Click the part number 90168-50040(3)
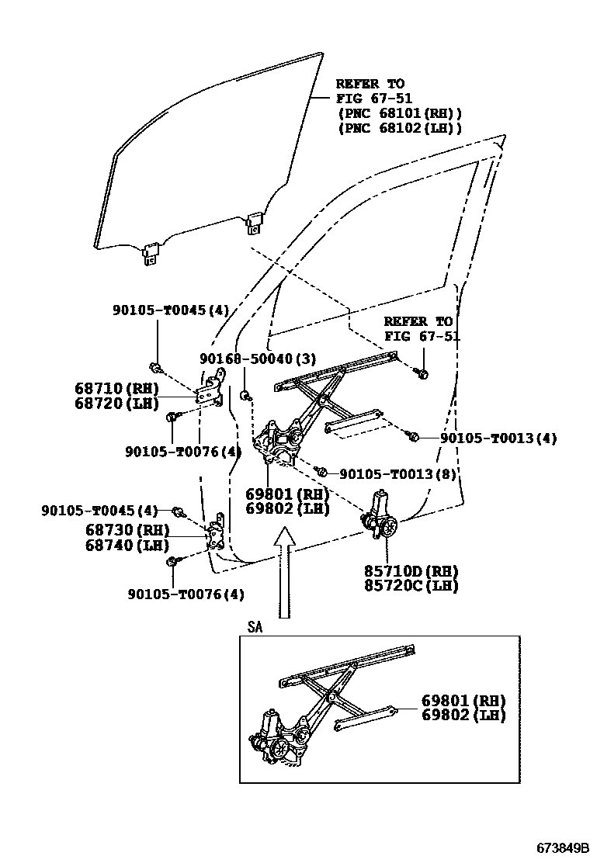click(257, 359)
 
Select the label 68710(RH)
click(116, 389)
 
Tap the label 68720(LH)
click(116, 403)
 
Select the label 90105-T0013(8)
click(397, 473)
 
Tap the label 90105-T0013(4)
click(498, 438)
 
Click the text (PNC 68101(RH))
click(400, 113)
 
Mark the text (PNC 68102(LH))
click(400, 128)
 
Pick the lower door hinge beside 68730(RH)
click(217, 532)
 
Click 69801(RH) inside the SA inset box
click(462, 701)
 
